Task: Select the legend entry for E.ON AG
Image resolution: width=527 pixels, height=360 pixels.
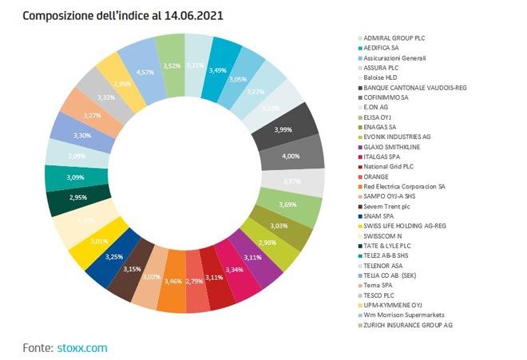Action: click(378, 106)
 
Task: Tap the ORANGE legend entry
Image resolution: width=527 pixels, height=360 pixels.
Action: click(376, 175)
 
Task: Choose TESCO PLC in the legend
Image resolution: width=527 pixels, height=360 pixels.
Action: click(380, 295)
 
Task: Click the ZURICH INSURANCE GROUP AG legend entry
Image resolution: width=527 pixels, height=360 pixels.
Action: click(408, 324)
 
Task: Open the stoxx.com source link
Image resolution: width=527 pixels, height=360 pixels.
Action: click(82, 347)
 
